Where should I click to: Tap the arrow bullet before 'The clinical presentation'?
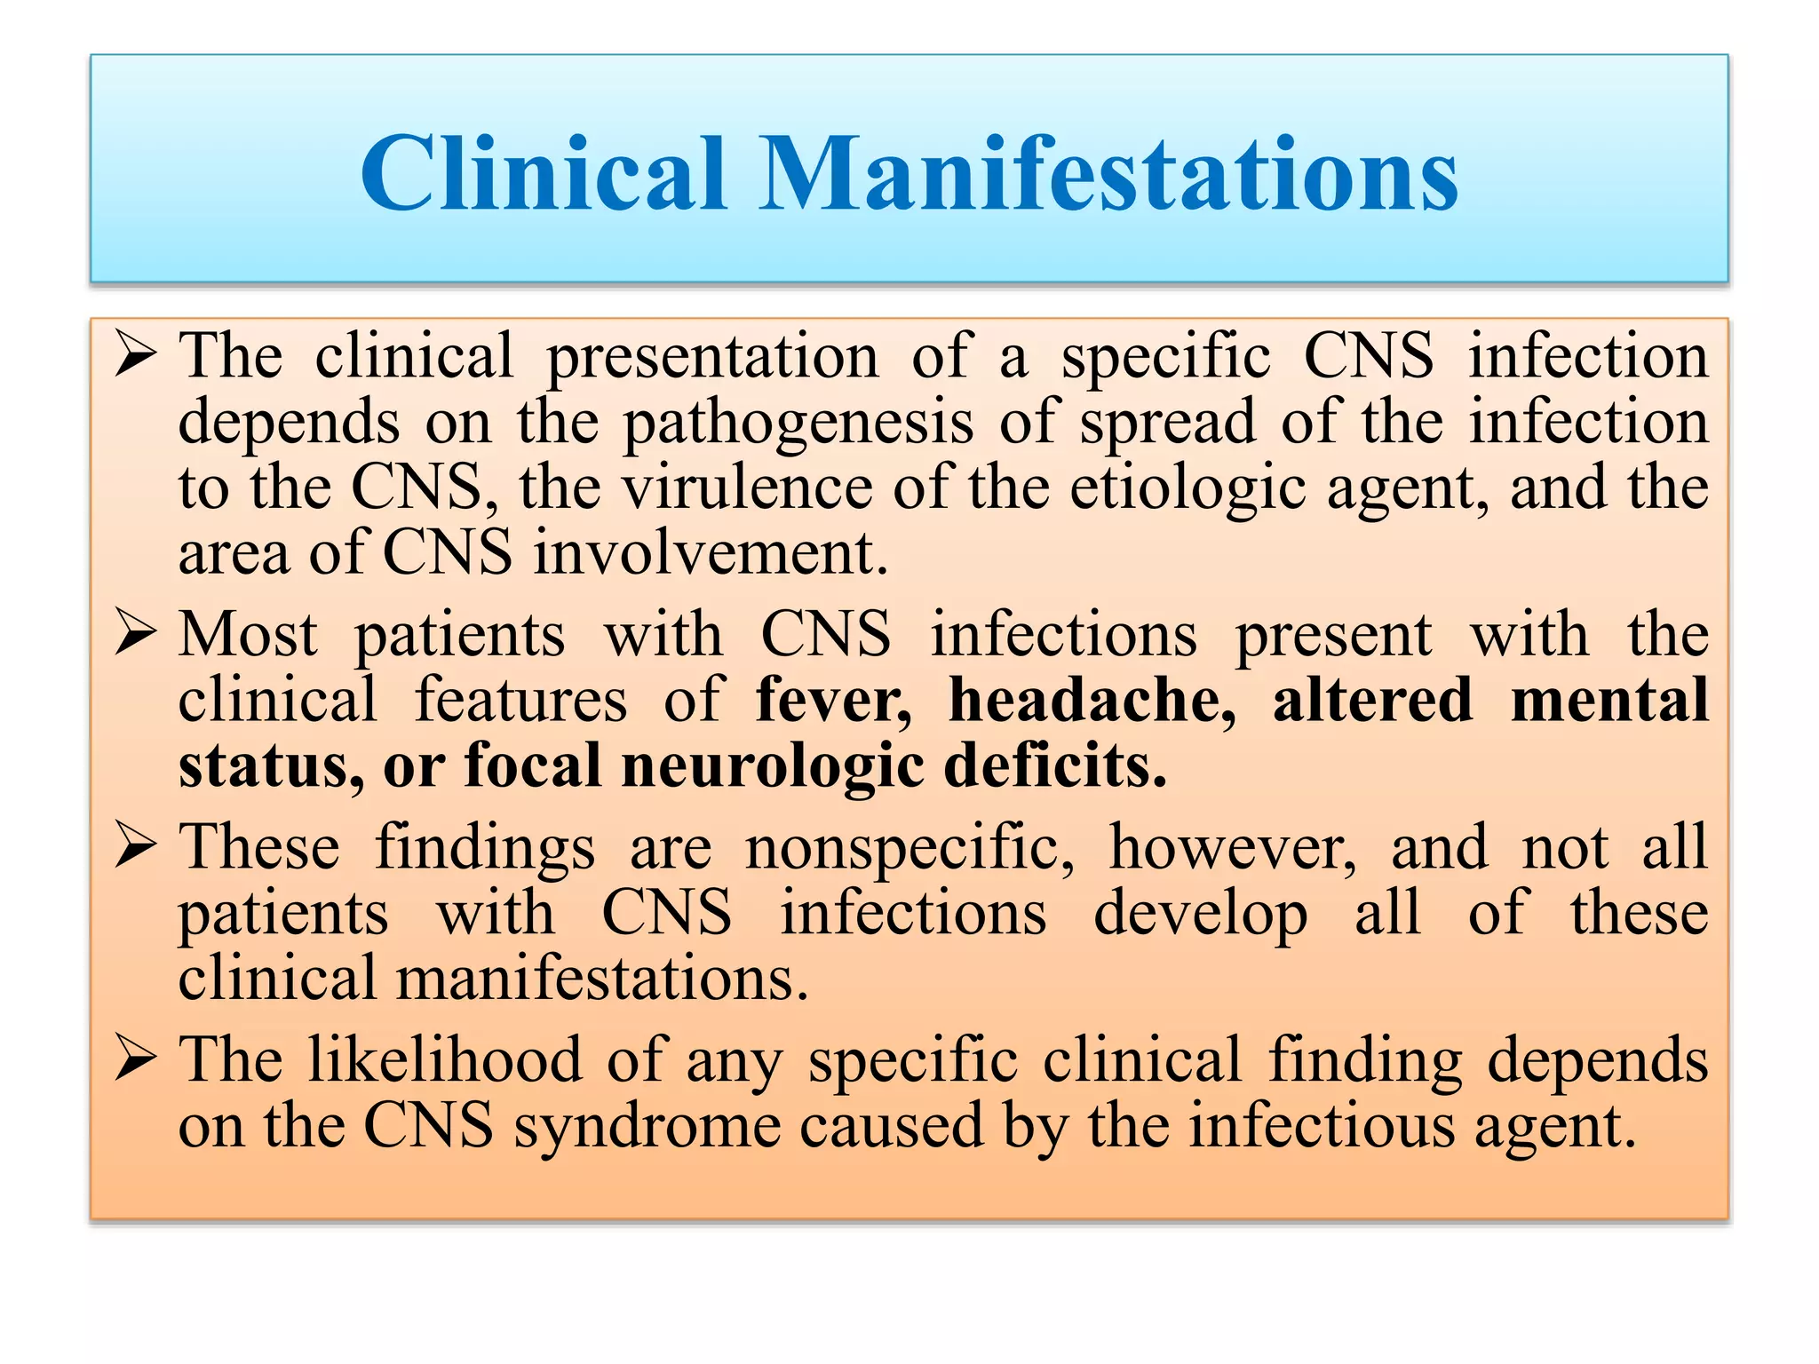point(135,356)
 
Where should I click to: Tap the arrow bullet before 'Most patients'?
point(135,635)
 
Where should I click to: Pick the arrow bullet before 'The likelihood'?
point(135,1059)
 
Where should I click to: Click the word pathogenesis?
point(798,424)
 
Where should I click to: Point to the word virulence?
point(746,488)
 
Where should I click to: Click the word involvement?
point(711,552)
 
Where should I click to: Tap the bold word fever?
point(833,700)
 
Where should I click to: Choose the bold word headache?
point(1092,700)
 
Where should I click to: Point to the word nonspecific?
point(909,848)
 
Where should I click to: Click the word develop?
point(1200,915)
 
